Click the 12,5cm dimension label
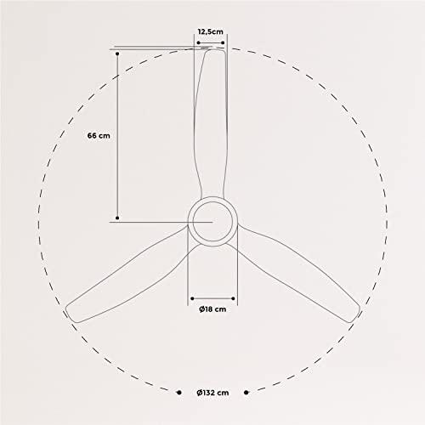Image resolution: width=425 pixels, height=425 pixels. pyautogui.click(x=210, y=31)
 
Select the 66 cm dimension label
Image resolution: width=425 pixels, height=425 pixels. pyautogui.click(x=99, y=136)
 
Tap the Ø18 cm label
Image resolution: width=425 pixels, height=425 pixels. pyautogui.click(x=212, y=309)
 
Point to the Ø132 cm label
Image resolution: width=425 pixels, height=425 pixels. pyautogui.click(x=212, y=393)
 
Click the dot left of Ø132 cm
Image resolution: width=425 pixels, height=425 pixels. pyautogui.click(x=178, y=393)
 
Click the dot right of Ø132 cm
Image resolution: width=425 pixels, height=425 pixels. pyautogui.click(x=246, y=393)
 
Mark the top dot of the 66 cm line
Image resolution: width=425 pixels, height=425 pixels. pyautogui.click(x=117, y=54)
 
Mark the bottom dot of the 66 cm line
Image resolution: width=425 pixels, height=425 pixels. pyautogui.click(x=117, y=218)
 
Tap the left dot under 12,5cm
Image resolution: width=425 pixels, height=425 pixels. pyautogui.click(x=198, y=42)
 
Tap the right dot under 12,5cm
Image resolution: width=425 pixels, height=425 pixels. pyautogui.click(x=223, y=42)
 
